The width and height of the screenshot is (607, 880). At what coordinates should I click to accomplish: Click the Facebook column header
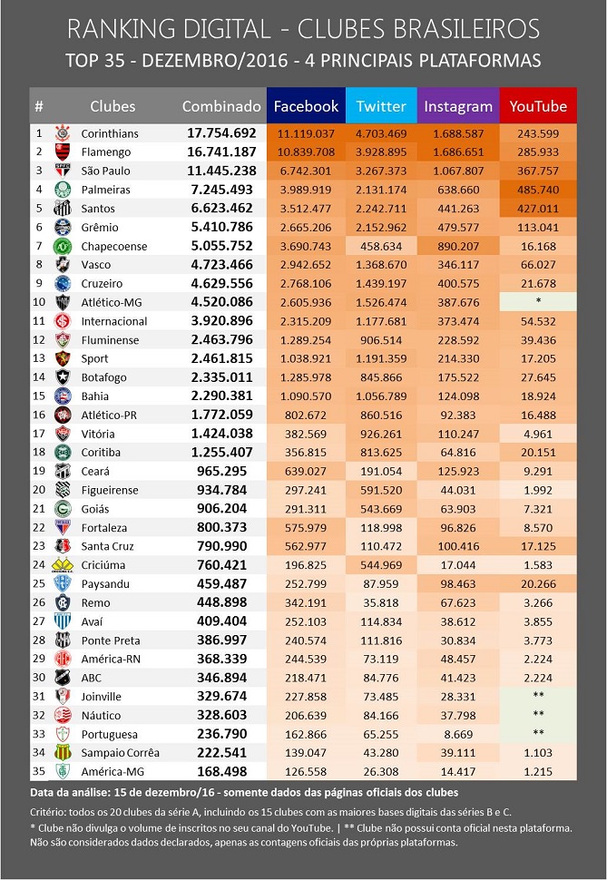pyautogui.click(x=306, y=106)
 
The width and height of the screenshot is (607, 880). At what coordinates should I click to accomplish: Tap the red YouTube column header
pyautogui.click(x=538, y=106)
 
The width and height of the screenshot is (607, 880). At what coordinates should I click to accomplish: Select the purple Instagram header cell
pyautogui.click(x=458, y=106)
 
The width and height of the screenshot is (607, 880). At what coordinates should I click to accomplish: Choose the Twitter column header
pyautogui.click(x=381, y=106)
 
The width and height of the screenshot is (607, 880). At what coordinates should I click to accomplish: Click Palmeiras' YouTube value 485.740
pyautogui.click(x=538, y=190)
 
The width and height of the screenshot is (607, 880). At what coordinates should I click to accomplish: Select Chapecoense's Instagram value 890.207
pyautogui.click(x=458, y=246)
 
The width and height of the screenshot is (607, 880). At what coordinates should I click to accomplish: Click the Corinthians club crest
pyautogui.click(x=63, y=133)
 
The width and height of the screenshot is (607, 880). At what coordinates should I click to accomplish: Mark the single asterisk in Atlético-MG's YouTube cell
pyautogui.click(x=538, y=302)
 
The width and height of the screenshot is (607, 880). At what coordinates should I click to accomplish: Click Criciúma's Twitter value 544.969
pyautogui.click(x=381, y=565)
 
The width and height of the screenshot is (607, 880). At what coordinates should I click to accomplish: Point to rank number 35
pyautogui.click(x=39, y=771)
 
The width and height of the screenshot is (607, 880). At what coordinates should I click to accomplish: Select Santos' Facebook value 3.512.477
pyautogui.click(x=305, y=209)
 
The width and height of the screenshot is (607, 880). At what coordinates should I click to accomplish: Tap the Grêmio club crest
pyautogui.click(x=63, y=228)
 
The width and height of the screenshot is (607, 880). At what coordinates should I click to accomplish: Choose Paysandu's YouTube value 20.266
pyautogui.click(x=538, y=583)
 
